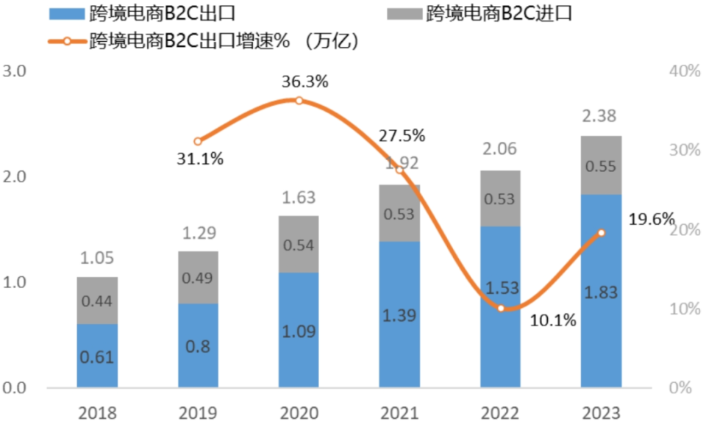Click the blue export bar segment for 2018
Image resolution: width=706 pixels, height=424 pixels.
97,356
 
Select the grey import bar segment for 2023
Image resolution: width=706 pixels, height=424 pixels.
601,165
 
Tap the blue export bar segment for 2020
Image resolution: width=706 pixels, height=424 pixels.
299,331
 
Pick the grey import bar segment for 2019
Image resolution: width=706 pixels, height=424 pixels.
198,277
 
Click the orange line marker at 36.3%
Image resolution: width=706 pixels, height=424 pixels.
299,100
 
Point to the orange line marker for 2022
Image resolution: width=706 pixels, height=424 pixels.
501,308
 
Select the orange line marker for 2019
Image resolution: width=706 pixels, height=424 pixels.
198,141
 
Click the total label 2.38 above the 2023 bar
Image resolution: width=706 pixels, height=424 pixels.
601,116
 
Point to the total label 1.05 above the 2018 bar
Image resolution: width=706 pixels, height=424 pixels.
97,258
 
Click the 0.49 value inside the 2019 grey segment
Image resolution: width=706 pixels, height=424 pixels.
198,277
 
